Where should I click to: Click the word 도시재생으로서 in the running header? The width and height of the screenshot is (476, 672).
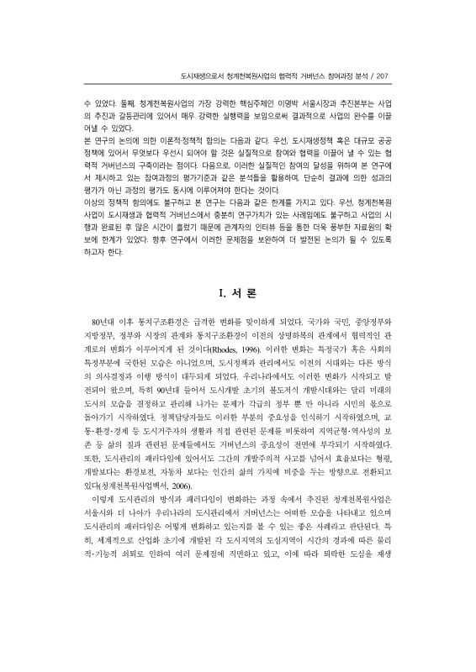pos(193,75)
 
